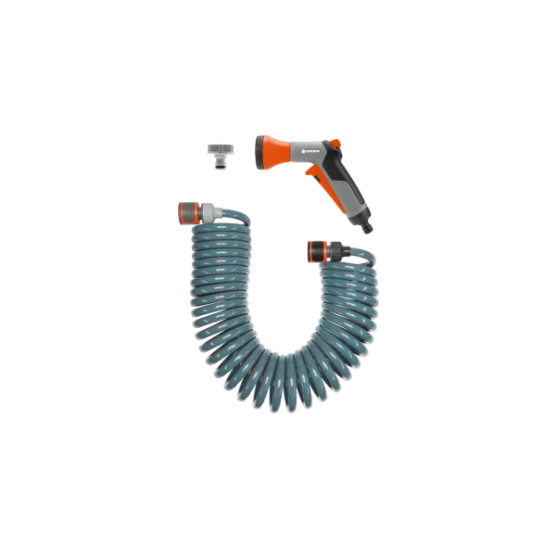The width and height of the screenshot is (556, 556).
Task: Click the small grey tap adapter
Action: [x=217, y=151]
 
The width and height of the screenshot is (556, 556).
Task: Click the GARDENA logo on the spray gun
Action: [x=307, y=145]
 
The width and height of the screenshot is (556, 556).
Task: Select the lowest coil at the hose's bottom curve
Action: [x=278, y=389]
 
